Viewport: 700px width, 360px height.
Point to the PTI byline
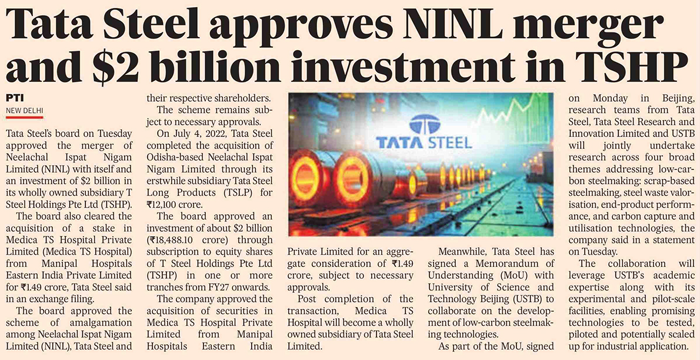[x=15, y=98]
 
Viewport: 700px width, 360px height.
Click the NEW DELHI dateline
[x=25, y=110]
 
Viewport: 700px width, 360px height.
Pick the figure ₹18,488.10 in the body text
[x=175, y=241]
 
